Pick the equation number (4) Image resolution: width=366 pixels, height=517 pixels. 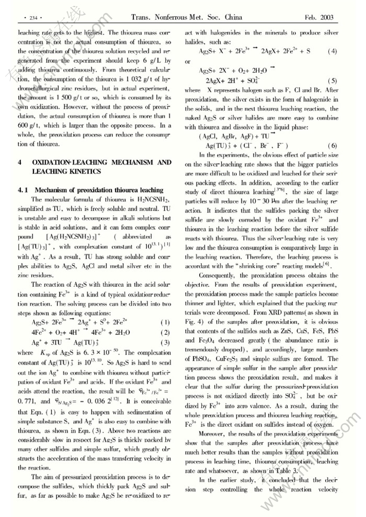tap(332, 52)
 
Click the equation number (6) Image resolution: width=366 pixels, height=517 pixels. tap(332, 146)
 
